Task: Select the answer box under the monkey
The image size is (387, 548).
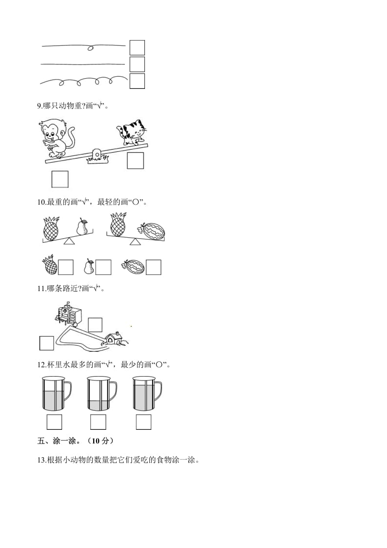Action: (x=60, y=179)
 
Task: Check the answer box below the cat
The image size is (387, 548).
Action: (x=135, y=161)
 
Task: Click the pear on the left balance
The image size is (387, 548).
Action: (x=82, y=227)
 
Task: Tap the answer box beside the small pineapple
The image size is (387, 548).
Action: (x=65, y=267)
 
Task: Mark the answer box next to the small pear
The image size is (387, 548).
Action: (x=103, y=267)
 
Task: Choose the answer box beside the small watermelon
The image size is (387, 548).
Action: (x=153, y=267)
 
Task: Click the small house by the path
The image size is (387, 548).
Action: (x=115, y=338)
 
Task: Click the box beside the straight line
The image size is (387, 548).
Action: (x=137, y=64)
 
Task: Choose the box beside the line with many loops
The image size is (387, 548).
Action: (x=137, y=81)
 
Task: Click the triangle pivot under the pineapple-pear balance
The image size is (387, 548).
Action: (x=70, y=241)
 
